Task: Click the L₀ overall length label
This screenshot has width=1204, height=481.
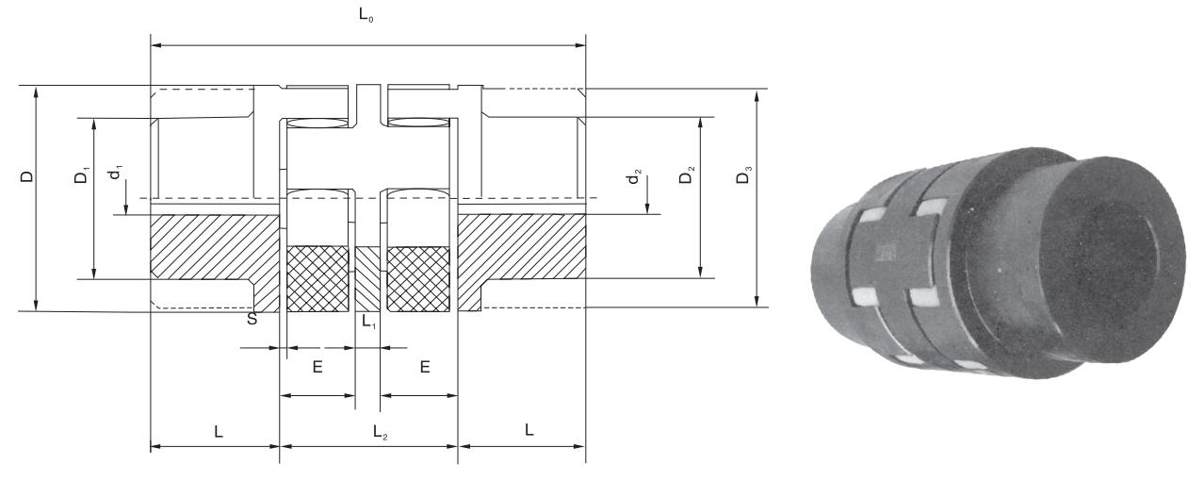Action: click(367, 17)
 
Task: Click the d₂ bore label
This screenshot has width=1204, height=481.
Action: click(637, 177)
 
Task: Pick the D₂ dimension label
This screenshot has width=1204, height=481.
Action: click(689, 175)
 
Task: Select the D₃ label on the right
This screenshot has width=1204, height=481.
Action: click(745, 175)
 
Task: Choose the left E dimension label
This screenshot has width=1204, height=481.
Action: click(317, 366)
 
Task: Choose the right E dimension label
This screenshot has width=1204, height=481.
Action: click(425, 366)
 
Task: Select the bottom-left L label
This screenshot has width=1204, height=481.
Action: click(219, 430)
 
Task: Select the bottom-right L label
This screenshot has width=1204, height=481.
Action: click(529, 430)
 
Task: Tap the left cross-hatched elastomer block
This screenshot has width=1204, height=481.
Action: click(317, 279)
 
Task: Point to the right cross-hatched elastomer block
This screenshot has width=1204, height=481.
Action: click(418, 279)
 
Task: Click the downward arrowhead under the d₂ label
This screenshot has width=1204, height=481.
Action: click(648, 209)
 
